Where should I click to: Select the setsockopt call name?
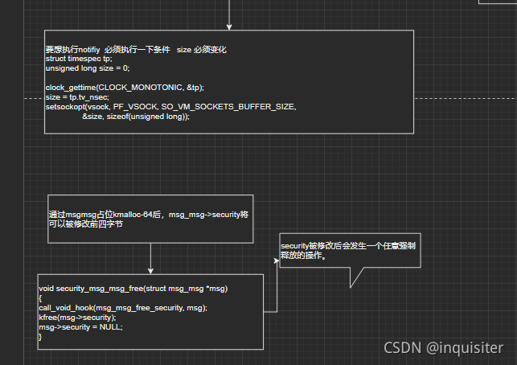tap(65, 106)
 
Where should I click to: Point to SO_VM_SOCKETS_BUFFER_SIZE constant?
tap(229, 106)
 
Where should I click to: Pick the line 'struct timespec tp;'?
tap(79, 59)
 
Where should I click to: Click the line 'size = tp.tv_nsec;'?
tap(75, 96)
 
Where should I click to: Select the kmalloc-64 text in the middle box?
tap(137, 215)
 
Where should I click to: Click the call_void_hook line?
tap(122, 308)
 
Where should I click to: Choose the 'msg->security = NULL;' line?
tap(80, 327)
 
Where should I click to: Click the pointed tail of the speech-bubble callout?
tap(351, 285)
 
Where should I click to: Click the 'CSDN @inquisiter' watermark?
tap(443, 347)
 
